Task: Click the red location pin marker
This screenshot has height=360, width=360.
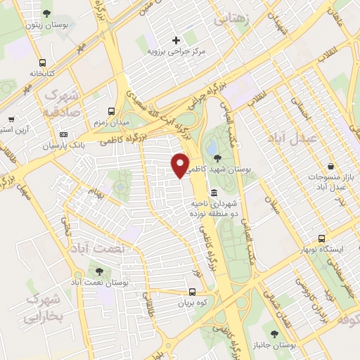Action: tap(181, 165)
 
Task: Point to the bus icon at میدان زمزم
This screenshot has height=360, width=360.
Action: tap(111, 112)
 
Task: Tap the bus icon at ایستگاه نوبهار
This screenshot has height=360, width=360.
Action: tap(321, 240)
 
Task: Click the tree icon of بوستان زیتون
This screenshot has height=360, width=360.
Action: tap(46, 13)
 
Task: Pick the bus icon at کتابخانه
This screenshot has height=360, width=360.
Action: tap(43, 62)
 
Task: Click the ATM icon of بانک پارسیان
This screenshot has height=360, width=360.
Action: tap(64, 134)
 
